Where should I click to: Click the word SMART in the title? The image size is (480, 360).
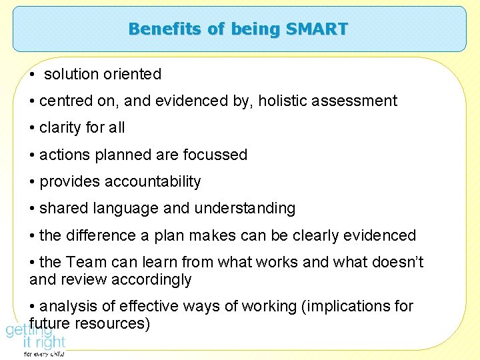(x=317, y=29)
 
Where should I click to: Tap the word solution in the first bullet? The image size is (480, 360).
(x=71, y=74)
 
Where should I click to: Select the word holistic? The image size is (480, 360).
(x=284, y=101)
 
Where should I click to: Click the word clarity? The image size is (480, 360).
(x=61, y=128)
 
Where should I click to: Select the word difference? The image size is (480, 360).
(x=97, y=235)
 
